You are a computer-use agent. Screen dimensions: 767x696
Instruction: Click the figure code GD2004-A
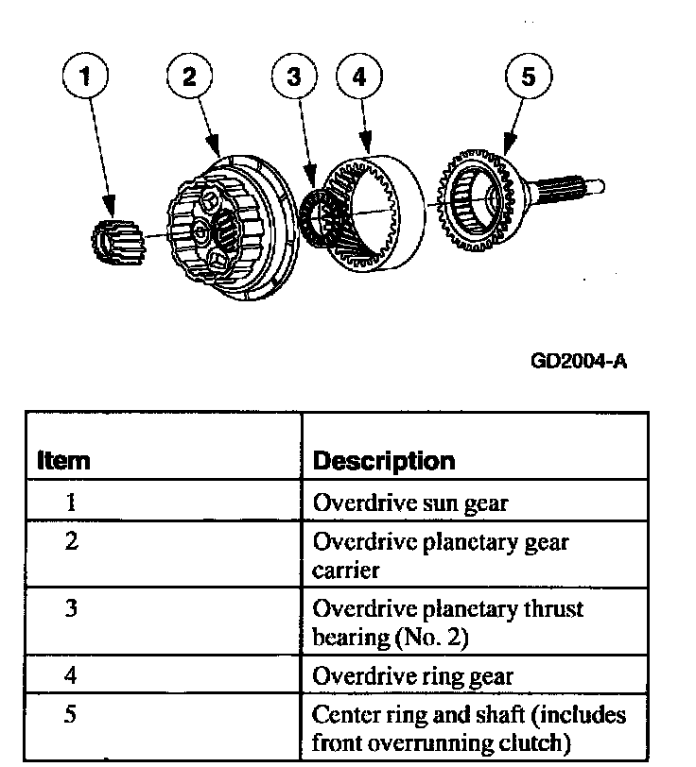pos(580,361)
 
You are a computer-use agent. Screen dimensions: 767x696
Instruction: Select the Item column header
pos(63,461)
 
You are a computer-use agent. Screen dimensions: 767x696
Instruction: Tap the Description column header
pos(383,461)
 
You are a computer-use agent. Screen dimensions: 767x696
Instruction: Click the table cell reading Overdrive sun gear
pos(409,503)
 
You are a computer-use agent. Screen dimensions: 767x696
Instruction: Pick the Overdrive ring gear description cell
pos(412,676)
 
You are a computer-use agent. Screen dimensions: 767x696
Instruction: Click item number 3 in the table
pos(70,607)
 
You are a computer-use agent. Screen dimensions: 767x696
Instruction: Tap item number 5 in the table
pos(70,714)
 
